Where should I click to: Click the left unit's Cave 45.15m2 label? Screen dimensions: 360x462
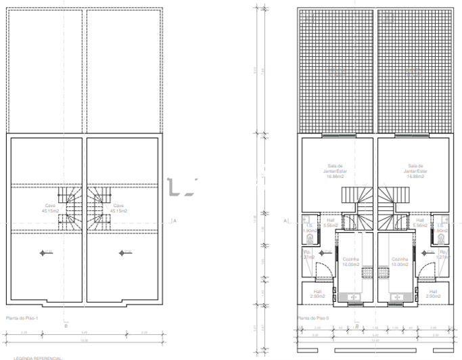(49, 208)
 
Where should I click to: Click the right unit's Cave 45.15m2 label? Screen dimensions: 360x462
(118, 208)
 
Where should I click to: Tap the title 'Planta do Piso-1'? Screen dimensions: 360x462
(21, 317)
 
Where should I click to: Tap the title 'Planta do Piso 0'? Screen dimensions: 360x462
(312, 317)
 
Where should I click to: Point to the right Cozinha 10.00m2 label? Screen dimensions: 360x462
(400, 262)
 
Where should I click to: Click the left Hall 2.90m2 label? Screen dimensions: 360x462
(318, 294)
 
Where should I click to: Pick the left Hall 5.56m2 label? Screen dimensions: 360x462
(331, 223)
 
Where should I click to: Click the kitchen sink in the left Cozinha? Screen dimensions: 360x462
(352, 297)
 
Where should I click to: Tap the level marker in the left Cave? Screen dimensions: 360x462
(46, 253)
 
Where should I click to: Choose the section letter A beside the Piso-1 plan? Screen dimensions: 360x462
(175, 221)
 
